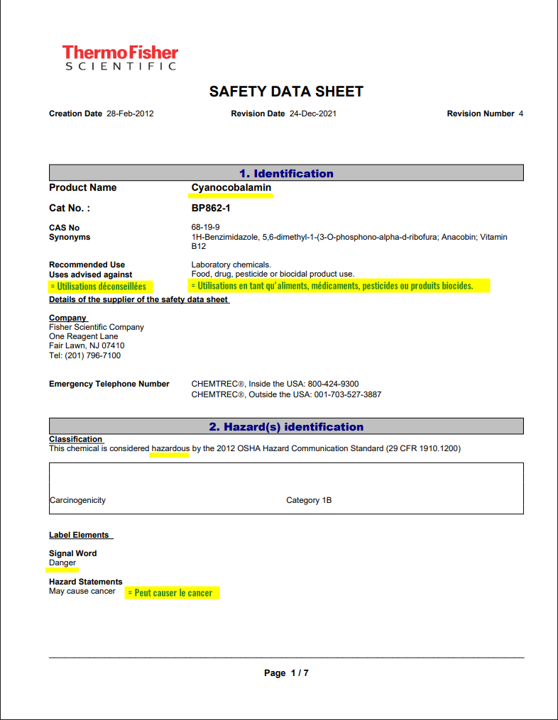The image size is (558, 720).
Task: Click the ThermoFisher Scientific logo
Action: (120, 57)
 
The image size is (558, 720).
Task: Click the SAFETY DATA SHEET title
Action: (286, 92)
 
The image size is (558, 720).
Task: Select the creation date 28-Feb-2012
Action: (130, 113)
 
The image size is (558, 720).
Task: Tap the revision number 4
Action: (521, 113)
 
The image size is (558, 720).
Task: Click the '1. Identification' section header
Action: (286, 173)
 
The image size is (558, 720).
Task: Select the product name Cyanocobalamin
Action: (231, 187)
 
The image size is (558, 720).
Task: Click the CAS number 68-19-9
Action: (205, 228)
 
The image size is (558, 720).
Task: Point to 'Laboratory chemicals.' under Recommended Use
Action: (231, 265)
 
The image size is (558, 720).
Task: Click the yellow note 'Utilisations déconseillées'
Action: (99, 287)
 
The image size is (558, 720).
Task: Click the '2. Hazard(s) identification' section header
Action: (286, 426)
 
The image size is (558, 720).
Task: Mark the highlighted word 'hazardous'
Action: (170, 448)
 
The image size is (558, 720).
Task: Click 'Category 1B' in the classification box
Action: (309, 500)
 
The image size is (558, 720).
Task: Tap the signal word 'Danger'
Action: (62, 563)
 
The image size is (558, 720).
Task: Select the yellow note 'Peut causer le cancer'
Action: (173, 592)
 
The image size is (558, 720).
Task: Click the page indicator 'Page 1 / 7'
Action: (286, 673)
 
